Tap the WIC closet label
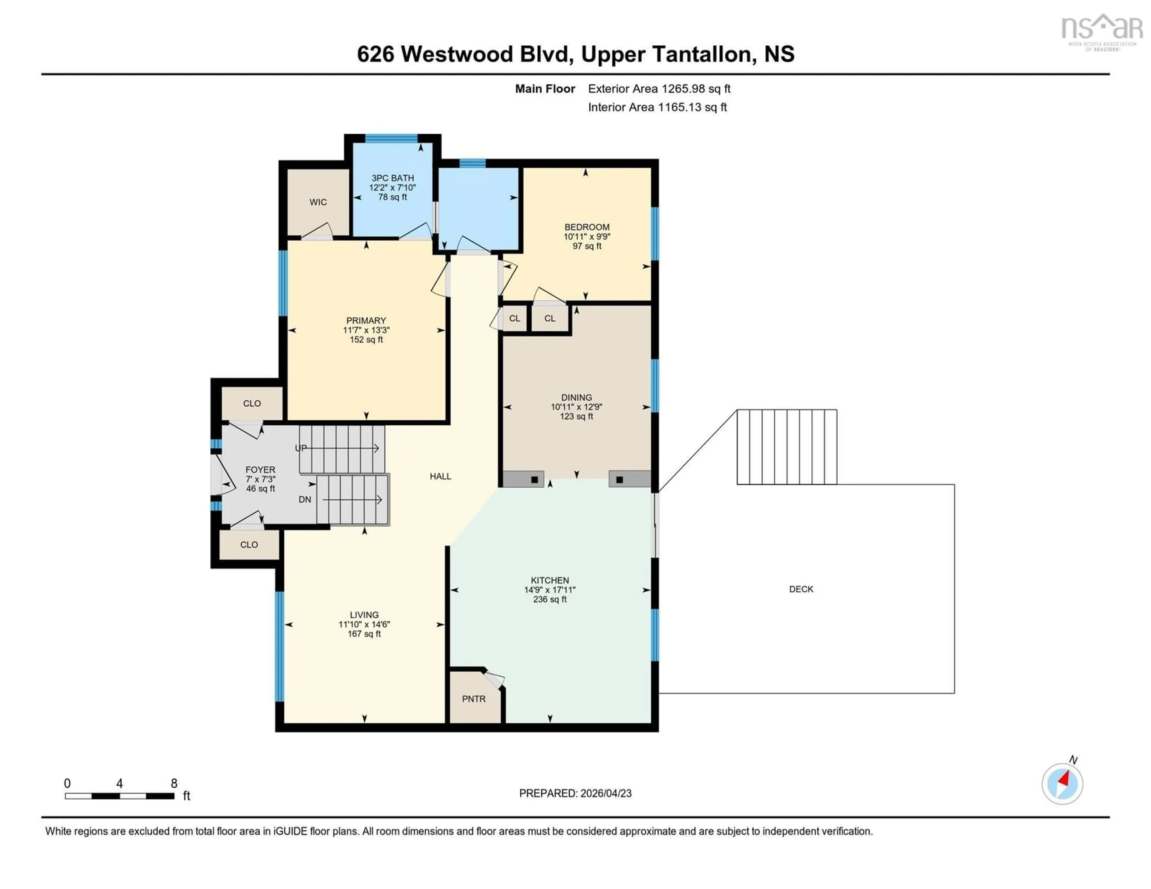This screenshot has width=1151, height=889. (318, 202)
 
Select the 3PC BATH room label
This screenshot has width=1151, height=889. (393, 178)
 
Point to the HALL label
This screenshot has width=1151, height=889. (440, 476)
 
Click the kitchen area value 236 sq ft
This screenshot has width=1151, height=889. (550, 599)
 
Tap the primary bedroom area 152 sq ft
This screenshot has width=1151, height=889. (366, 340)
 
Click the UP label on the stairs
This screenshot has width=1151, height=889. (300, 448)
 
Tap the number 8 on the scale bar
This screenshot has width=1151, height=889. (174, 783)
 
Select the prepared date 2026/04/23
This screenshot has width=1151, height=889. (605, 793)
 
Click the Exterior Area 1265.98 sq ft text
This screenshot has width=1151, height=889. (659, 88)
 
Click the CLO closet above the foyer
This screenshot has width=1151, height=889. (251, 403)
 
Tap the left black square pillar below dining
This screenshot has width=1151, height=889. (534, 480)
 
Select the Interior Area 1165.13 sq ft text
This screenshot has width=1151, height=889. (657, 107)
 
